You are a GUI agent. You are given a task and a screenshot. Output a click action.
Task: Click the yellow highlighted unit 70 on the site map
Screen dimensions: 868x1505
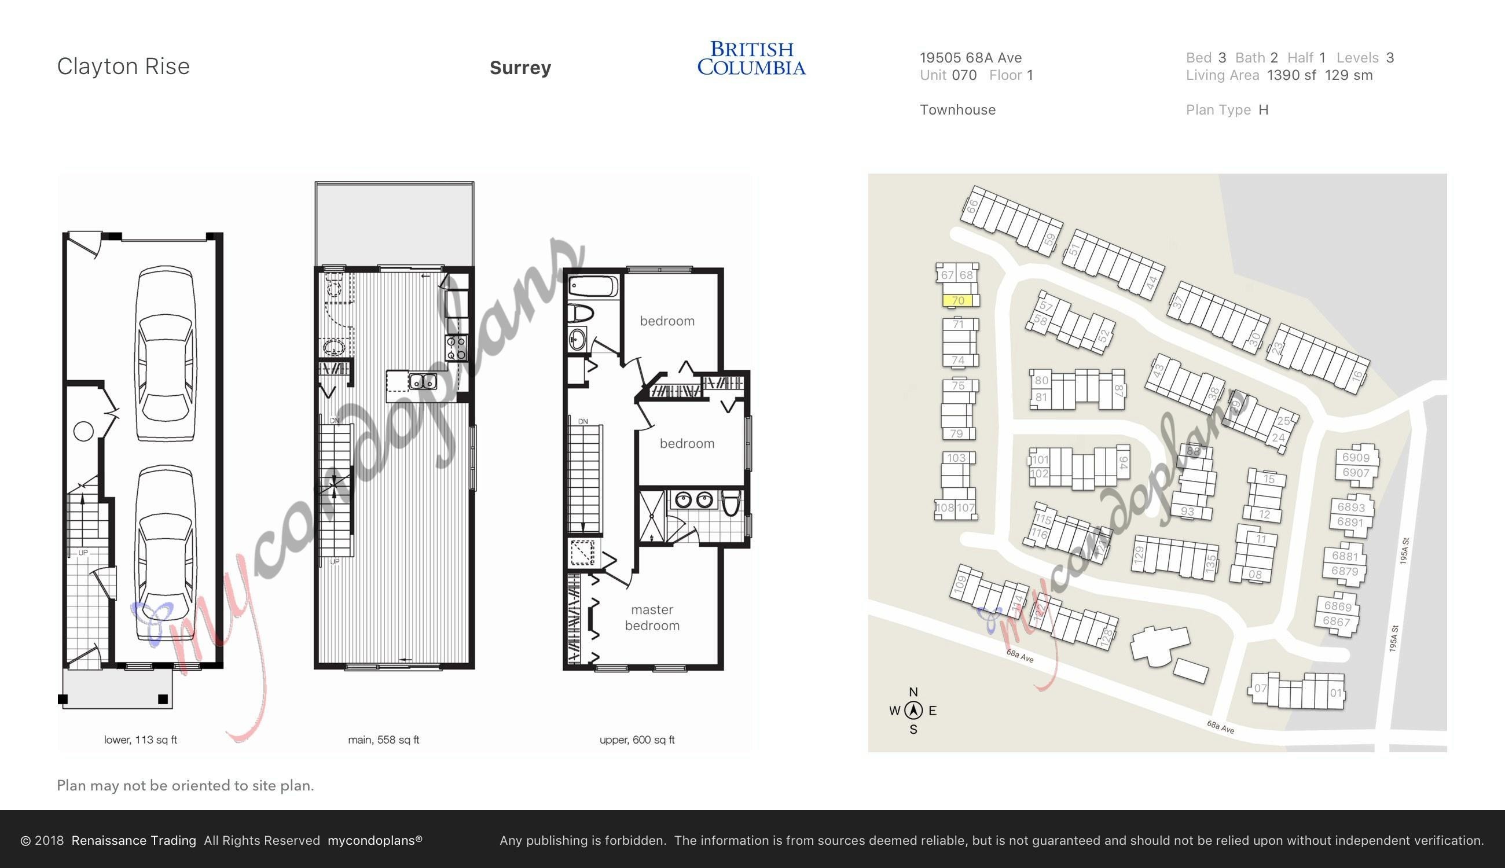[x=957, y=300]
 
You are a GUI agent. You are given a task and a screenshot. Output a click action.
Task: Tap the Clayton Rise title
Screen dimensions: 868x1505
[x=123, y=66]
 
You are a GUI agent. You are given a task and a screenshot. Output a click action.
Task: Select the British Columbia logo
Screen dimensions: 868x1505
[x=751, y=58]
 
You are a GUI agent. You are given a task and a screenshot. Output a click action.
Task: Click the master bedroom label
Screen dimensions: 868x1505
[x=652, y=617]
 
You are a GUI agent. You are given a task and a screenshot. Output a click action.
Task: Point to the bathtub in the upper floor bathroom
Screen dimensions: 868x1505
[x=594, y=288]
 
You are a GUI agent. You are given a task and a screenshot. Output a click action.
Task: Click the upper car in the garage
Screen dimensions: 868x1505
[x=165, y=354]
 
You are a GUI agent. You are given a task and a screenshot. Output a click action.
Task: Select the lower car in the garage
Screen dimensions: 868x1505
[x=164, y=552]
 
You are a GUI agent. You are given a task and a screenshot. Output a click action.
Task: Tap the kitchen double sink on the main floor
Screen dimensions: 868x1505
[x=423, y=380]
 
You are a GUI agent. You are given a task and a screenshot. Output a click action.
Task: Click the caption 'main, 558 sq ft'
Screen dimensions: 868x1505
[x=383, y=740]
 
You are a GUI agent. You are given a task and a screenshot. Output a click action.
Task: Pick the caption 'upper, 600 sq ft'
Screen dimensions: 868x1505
[x=637, y=740]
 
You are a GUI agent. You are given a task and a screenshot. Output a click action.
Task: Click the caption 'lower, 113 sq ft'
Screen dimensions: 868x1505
[x=140, y=740]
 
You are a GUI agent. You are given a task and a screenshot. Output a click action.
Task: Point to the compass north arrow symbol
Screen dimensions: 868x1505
[x=913, y=710]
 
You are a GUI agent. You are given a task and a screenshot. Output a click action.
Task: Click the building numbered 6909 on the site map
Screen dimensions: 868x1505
[x=1355, y=457]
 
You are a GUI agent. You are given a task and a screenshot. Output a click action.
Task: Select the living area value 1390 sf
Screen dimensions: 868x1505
[x=1291, y=75]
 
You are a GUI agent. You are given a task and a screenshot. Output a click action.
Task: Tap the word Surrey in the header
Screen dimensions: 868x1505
[x=520, y=68]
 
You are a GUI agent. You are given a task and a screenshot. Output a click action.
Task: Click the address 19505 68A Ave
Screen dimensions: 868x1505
[x=970, y=58]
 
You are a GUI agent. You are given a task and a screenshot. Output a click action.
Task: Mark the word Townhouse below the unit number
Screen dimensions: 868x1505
[x=957, y=110]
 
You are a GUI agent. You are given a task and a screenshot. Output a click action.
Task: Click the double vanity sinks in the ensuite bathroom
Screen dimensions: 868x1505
[x=694, y=499]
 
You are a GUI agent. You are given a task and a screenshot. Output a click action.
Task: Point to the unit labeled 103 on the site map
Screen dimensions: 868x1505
[x=956, y=458]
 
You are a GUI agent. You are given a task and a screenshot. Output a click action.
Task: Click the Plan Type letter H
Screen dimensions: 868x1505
[x=1263, y=110]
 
